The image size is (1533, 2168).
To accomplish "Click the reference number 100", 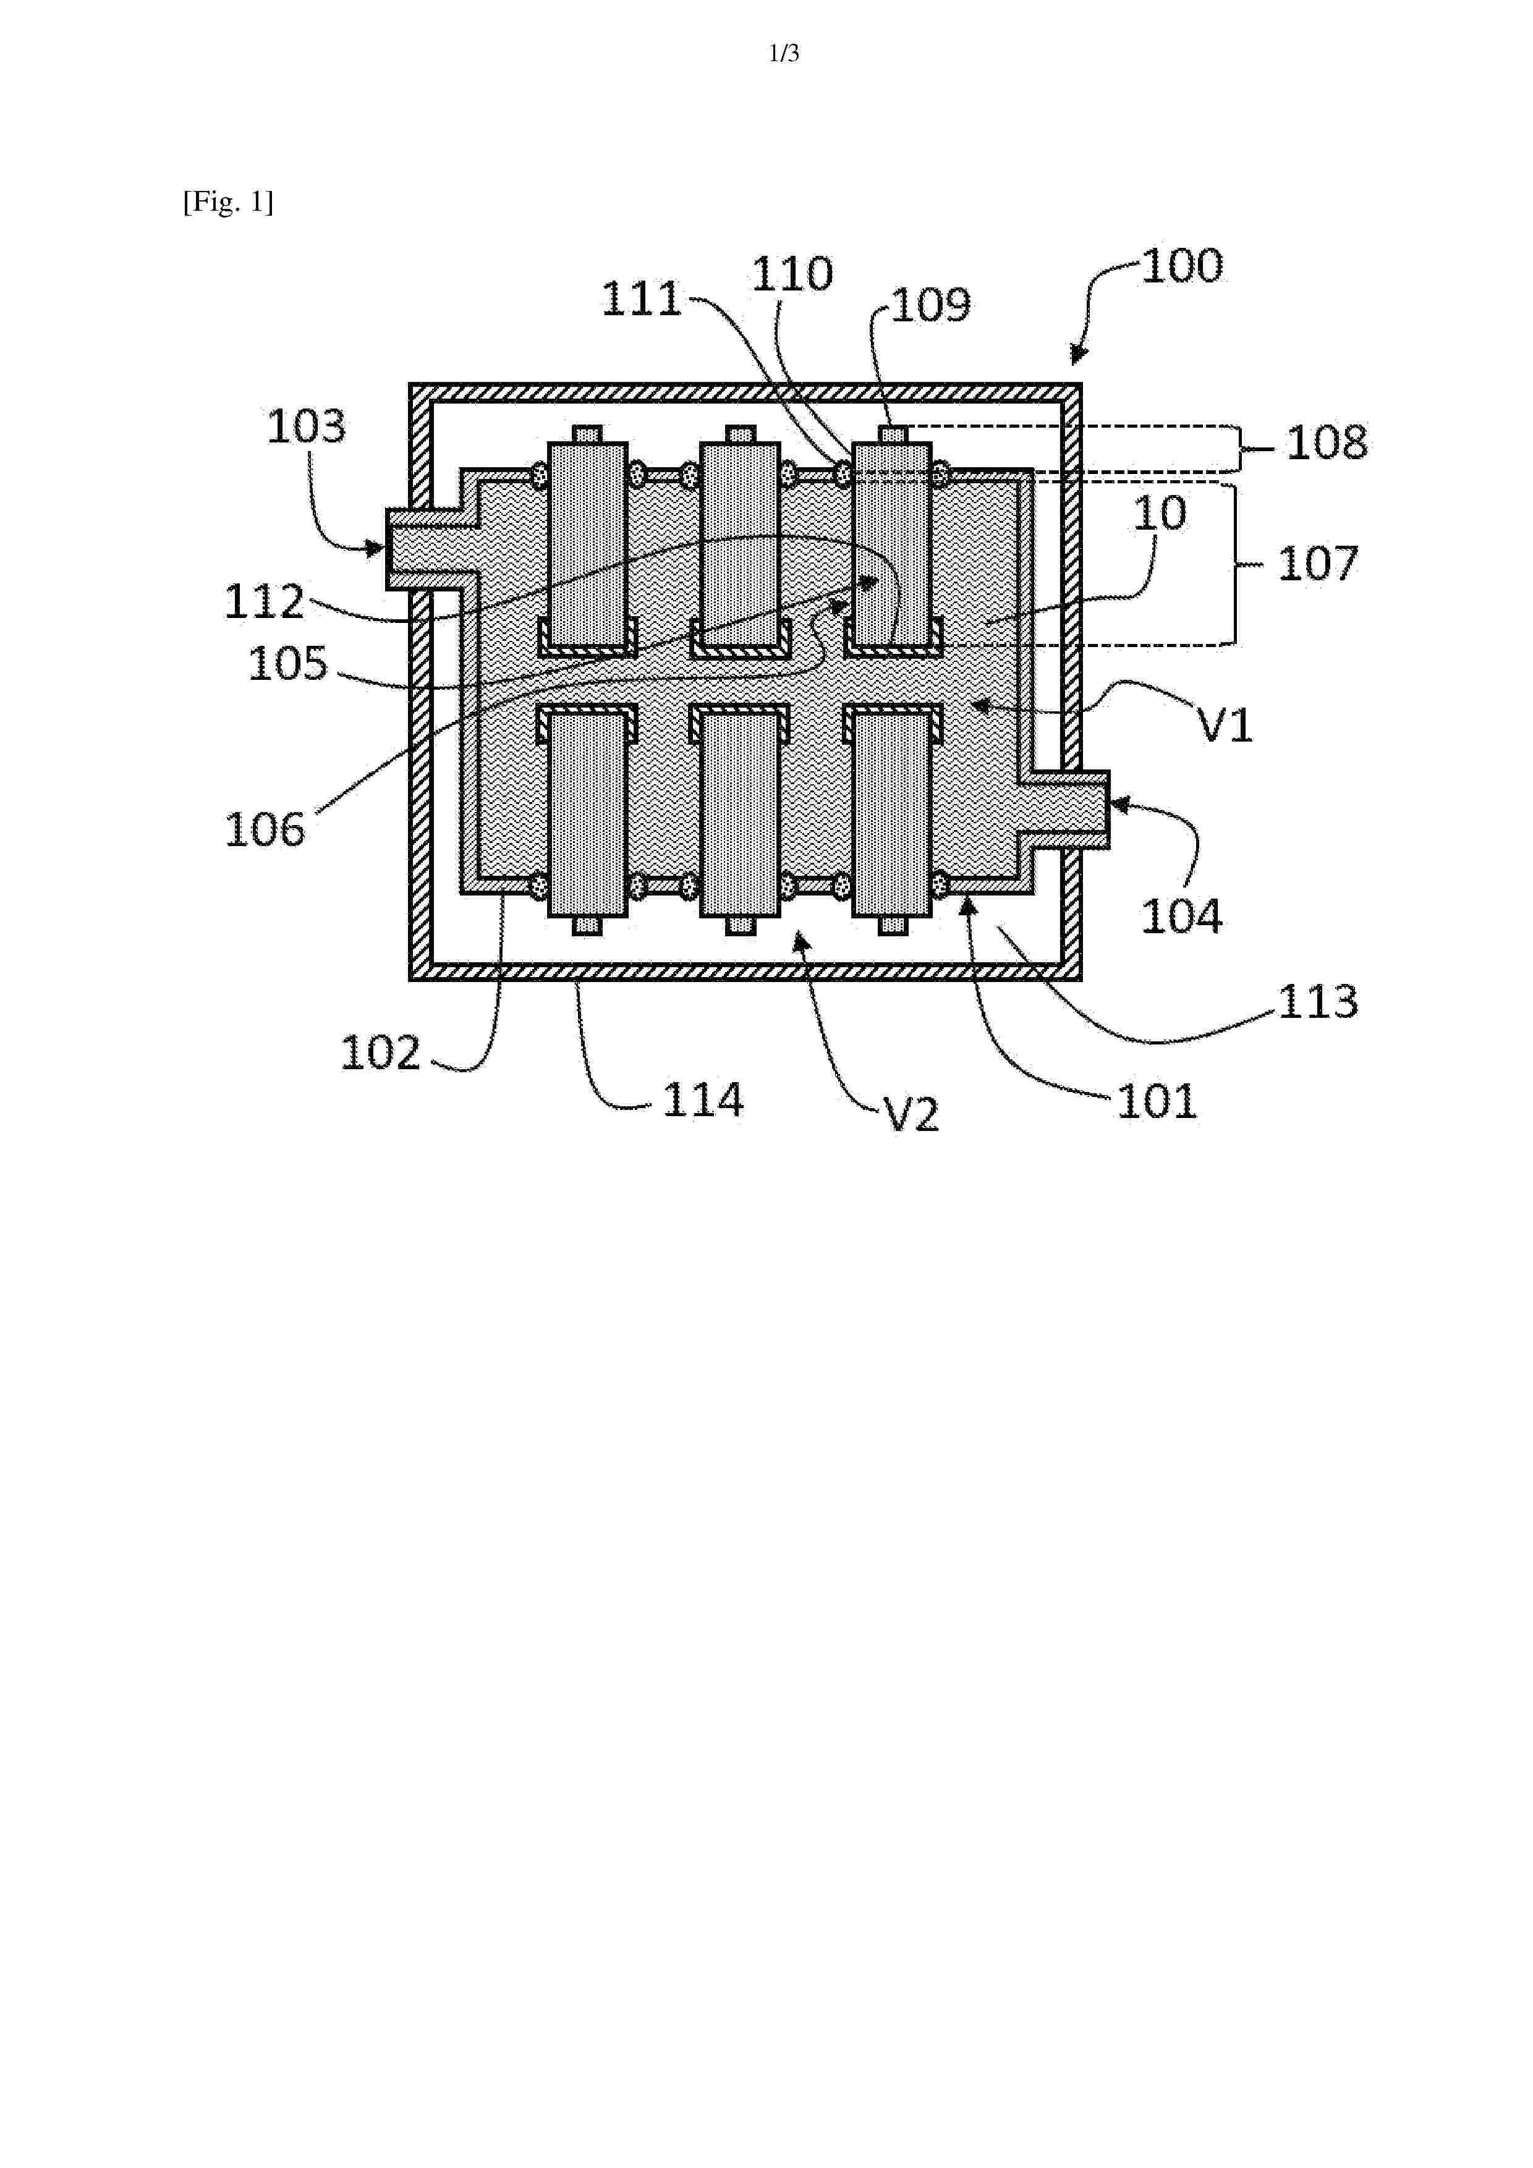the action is (x=1183, y=266).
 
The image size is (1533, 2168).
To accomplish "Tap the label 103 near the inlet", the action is (x=306, y=427).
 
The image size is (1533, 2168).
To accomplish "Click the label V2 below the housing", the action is (x=912, y=1115).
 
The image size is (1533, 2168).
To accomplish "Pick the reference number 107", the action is (x=1318, y=564).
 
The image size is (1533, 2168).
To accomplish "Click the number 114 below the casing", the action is (x=703, y=1100).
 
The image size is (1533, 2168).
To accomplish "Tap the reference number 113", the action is (x=1318, y=1002).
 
